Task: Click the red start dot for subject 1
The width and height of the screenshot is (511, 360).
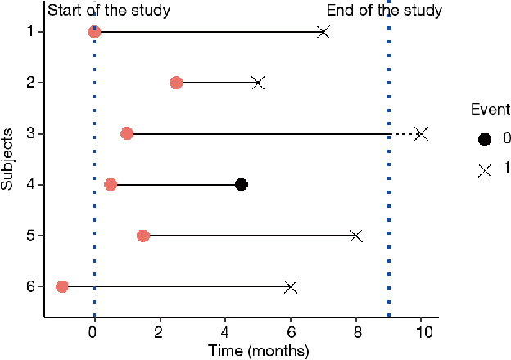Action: click(94, 32)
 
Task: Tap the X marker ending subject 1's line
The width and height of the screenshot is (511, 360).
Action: click(323, 32)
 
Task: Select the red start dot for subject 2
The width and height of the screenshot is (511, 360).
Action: click(176, 83)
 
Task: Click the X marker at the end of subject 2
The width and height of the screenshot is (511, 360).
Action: click(258, 83)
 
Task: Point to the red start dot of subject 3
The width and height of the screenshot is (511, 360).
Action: click(127, 133)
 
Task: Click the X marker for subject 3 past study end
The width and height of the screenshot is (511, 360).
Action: click(421, 133)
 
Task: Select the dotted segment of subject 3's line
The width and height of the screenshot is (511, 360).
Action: click(403, 133)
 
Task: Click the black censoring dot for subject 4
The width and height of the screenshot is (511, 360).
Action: click(242, 185)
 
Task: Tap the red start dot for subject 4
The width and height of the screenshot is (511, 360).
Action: click(111, 185)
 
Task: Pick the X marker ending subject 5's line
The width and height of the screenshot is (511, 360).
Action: click(356, 236)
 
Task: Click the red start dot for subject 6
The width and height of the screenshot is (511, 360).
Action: click(61, 286)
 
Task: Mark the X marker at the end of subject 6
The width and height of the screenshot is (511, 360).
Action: click(291, 286)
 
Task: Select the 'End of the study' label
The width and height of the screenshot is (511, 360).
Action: click(384, 11)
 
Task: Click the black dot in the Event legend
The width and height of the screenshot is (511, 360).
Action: click(485, 139)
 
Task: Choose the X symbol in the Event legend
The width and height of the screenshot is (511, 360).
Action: click(485, 169)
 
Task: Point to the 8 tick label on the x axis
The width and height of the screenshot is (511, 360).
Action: click(356, 333)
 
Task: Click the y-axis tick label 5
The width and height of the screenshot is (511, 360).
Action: click(29, 236)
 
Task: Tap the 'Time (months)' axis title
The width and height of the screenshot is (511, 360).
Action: click(257, 351)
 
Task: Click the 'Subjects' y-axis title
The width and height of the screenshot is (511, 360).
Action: click(7, 159)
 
